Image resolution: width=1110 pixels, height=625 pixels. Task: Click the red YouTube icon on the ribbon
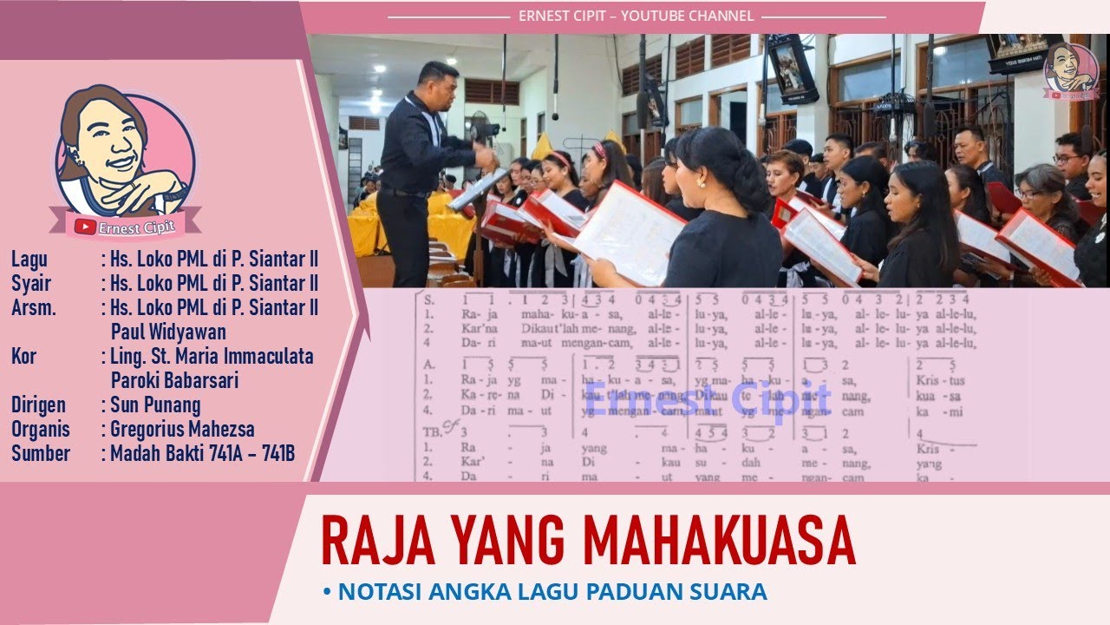(85, 227)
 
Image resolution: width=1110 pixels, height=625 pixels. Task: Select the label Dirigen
(39, 405)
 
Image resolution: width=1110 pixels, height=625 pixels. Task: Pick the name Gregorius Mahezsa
(182, 429)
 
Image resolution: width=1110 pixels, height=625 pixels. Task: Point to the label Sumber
(41, 452)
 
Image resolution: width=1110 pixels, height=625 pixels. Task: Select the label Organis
(41, 429)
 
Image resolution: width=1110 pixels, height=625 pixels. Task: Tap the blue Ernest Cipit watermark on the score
(708, 398)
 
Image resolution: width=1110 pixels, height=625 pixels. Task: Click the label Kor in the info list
(24, 356)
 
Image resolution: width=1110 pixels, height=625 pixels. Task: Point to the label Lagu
(29, 259)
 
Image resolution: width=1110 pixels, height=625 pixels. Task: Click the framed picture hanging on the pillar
(792, 69)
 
